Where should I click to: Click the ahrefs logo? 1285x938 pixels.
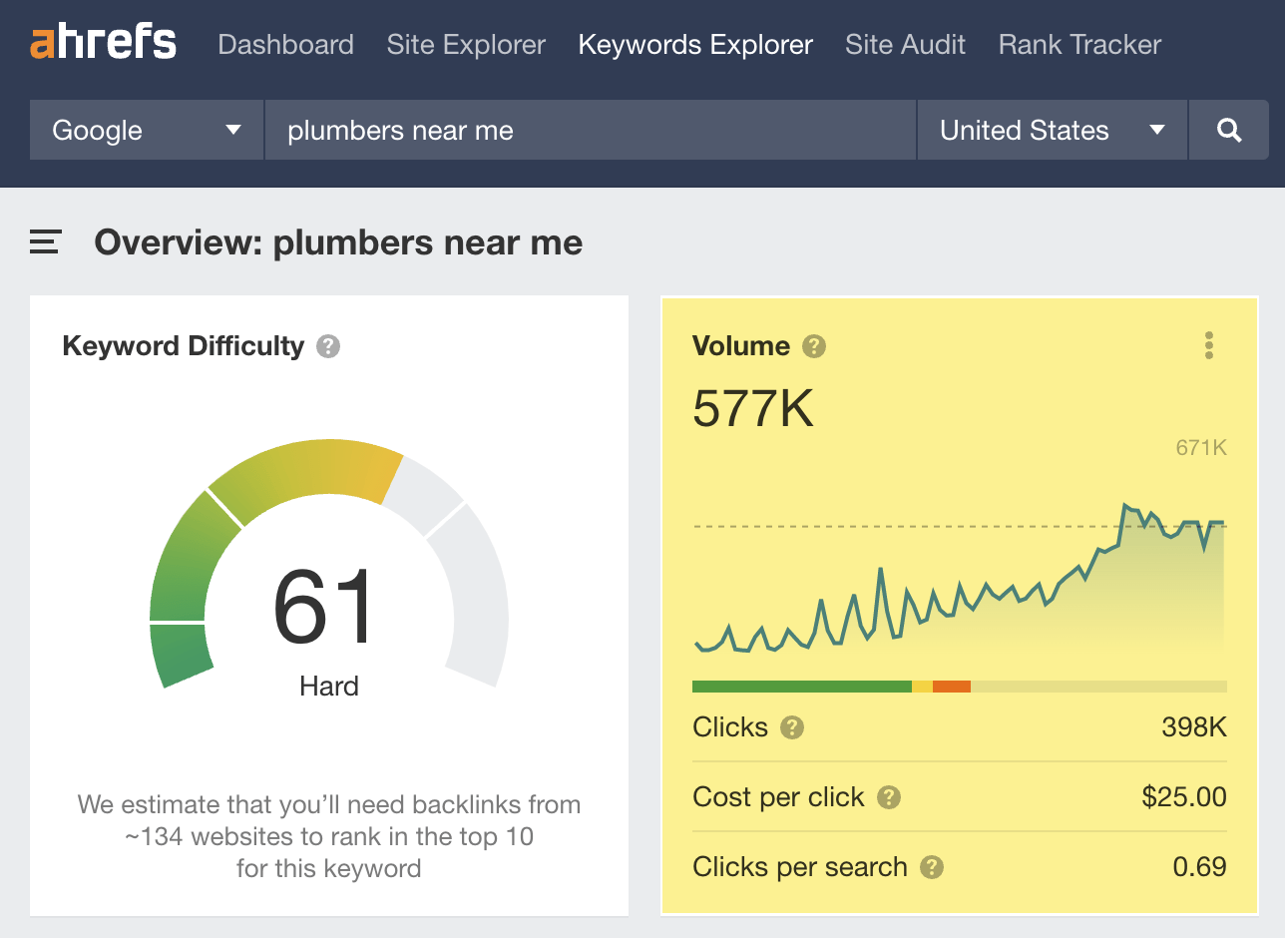(x=103, y=43)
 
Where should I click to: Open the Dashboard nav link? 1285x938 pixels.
(x=285, y=45)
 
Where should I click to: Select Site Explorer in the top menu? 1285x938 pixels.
(x=466, y=45)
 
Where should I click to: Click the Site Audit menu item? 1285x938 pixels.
(x=905, y=45)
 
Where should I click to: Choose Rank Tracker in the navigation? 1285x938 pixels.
(x=1079, y=45)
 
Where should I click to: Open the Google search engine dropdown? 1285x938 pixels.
(x=147, y=130)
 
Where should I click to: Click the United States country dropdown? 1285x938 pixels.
(x=1052, y=130)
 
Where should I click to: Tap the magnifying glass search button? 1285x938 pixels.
(x=1229, y=130)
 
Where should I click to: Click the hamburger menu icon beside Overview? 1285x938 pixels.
(x=46, y=241)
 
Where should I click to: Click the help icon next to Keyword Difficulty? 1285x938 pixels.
(x=328, y=346)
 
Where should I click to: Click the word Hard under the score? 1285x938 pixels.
(x=328, y=687)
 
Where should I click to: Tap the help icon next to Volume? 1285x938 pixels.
(x=814, y=346)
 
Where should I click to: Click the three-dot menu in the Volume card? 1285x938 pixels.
(x=1209, y=346)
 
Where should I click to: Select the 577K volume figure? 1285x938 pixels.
(x=753, y=407)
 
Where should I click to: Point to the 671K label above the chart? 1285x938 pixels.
(x=1200, y=448)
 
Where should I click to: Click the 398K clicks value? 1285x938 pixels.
(x=1193, y=727)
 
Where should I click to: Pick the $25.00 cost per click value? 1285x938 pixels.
(x=1184, y=797)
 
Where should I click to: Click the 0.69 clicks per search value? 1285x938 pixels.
(x=1199, y=866)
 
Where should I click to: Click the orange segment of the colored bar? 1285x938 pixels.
(x=952, y=687)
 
